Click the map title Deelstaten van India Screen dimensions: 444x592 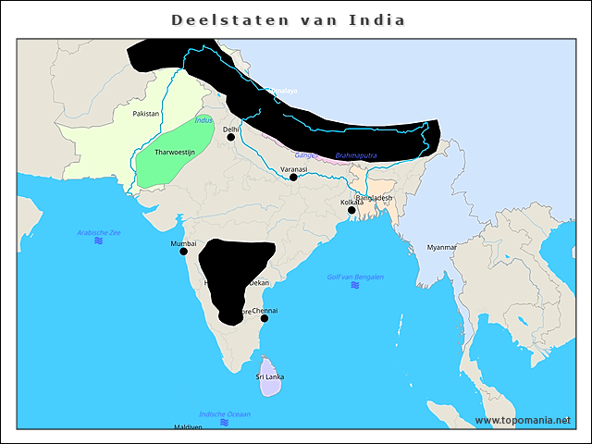[289, 19]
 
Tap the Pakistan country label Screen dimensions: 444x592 [146, 114]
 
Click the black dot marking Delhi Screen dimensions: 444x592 [231, 137]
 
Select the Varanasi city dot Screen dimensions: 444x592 [293, 177]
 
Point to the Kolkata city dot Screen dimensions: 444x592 [351, 211]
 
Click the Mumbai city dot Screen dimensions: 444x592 [183, 251]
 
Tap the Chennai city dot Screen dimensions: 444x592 [265, 318]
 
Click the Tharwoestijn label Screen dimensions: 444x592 [174, 151]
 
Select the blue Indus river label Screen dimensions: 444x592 [204, 121]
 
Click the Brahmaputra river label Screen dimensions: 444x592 [357, 155]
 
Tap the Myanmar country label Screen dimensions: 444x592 [442, 247]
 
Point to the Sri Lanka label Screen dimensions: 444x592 [270, 376]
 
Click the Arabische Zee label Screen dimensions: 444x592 [99, 232]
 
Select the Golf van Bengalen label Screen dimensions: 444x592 [355, 277]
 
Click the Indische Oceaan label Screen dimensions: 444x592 [225, 413]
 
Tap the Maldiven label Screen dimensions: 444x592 [188, 427]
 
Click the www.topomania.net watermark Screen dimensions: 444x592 [523, 420]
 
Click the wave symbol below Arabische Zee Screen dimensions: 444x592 [99, 240]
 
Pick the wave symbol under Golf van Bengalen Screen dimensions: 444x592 [355, 286]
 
